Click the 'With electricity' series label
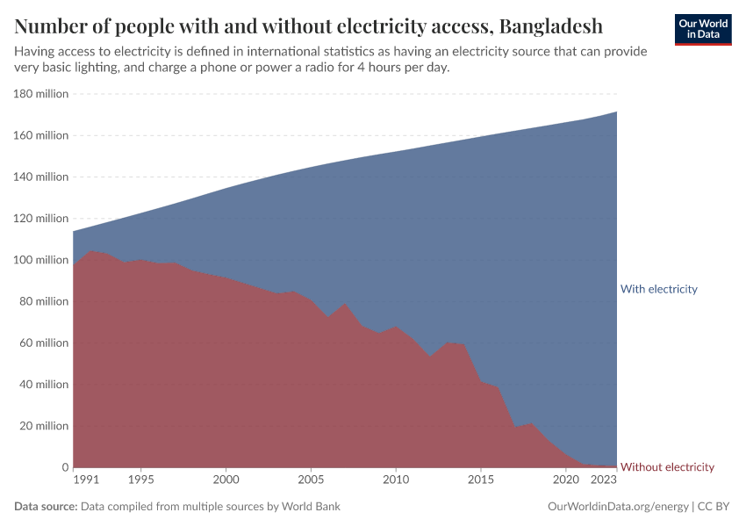[658, 289]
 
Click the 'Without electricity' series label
[667, 467]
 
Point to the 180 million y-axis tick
[39, 94]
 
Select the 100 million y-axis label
[39, 260]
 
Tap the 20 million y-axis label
[42, 426]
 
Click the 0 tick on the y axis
[64, 467]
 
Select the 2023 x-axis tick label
[603, 480]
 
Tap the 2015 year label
[481, 480]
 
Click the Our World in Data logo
[703, 29]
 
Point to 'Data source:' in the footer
[46, 507]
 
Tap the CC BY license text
[714, 507]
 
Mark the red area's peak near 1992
[91, 251]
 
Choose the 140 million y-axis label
[39, 177]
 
